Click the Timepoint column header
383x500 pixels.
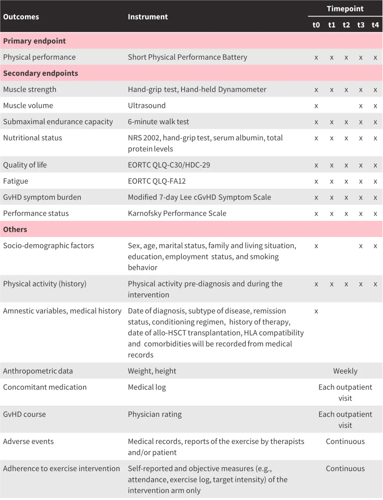tap(345, 9)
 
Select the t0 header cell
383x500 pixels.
tap(316, 25)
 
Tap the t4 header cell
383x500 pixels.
tap(375, 25)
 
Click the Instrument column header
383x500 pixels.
tap(148, 17)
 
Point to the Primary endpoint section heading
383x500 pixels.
tap(34, 41)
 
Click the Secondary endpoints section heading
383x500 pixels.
tap(41, 73)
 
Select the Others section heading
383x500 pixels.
tap(15, 229)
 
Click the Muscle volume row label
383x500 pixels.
tap(28, 105)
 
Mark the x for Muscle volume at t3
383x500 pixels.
tap(360, 106)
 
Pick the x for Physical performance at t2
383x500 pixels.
tap(346, 58)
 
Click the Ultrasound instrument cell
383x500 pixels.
tap(147, 105)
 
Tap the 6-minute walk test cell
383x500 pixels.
tap(158, 122)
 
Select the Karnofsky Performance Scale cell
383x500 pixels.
tap(177, 213)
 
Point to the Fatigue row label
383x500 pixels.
tap(16, 181)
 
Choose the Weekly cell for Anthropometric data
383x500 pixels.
tap(345, 371)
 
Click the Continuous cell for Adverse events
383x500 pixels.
tap(345, 441)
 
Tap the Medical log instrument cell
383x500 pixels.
tap(147, 387)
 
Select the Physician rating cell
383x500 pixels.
tap(155, 414)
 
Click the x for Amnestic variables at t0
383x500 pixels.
tap(316, 311)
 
